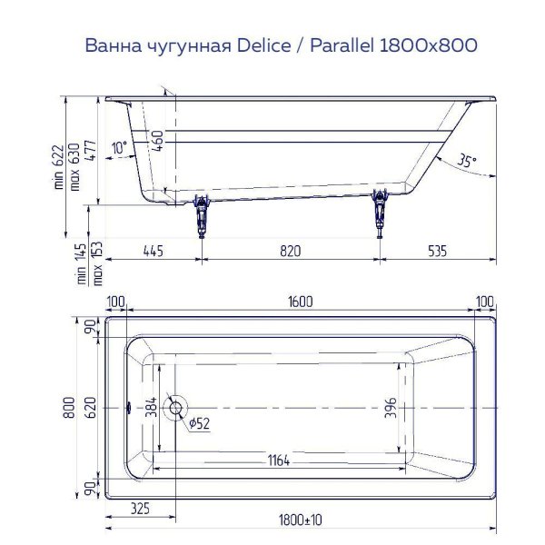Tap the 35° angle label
point(466,161)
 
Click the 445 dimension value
point(153,252)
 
